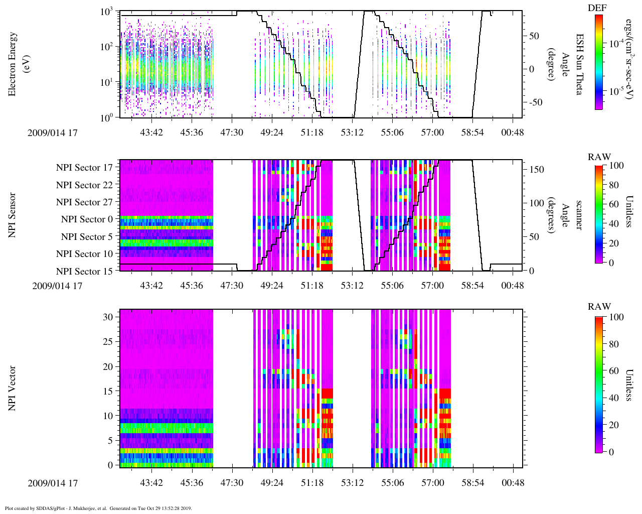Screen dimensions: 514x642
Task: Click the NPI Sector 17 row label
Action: (x=85, y=168)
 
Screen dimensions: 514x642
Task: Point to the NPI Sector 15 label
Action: (x=85, y=272)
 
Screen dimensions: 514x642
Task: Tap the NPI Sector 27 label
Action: (x=85, y=202)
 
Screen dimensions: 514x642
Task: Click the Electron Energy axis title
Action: (x=18, y=64)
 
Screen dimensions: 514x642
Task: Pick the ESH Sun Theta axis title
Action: (x=579, y=64)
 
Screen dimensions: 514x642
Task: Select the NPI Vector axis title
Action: (x=12, y=389)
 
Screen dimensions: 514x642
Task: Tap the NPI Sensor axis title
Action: (x=12, y=215)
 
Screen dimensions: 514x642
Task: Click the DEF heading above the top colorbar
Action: (x=597, y=8)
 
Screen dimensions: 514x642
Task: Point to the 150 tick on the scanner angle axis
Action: (x=537, y=170)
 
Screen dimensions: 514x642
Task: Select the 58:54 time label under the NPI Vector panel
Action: (x=472, y=483)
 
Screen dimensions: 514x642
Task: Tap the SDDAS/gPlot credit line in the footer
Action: (x=98, y=508)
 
